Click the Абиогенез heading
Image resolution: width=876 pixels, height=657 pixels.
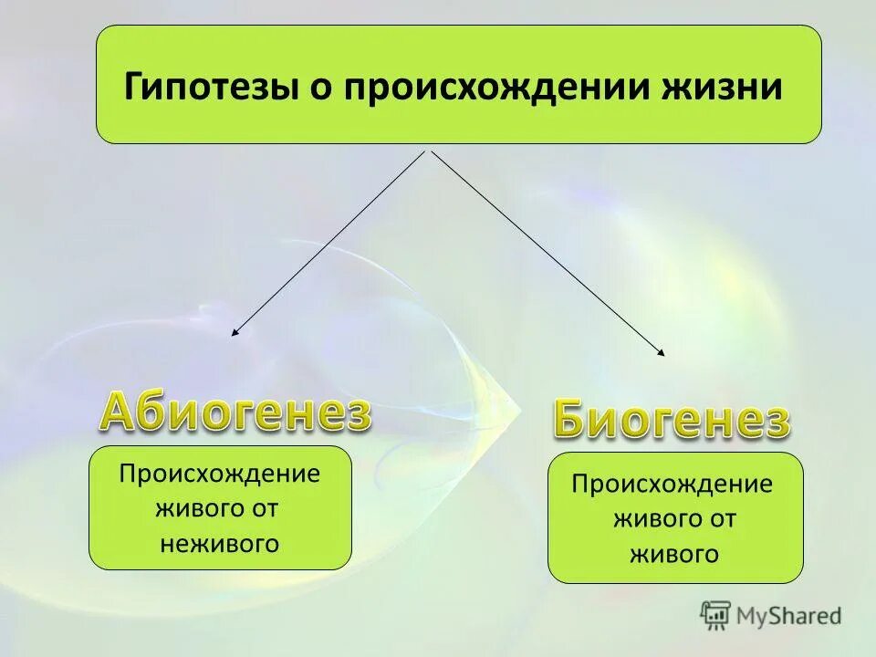(x=235, y=412)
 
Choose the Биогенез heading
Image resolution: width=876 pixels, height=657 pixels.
(x=671, y=421)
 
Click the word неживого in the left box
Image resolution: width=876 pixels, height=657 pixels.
(x=219, y=544)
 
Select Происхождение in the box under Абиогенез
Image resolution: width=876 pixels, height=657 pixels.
(x=220, y=474)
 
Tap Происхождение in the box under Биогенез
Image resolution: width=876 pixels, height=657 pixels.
(x=672, y=484)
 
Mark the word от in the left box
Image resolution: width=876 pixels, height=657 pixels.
(x=264, y=509)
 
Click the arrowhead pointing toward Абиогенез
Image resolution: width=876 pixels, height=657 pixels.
(x=235, y=333)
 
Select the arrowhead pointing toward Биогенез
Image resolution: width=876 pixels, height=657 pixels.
(x=662, y=351)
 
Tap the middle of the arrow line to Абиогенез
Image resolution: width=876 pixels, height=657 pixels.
(x=328, y=243)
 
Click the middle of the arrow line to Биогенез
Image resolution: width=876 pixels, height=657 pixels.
(x=547, y=252)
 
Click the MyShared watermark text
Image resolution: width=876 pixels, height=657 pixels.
(x=789, y=616)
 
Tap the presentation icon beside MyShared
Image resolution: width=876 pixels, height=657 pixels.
(x=716, y=615)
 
